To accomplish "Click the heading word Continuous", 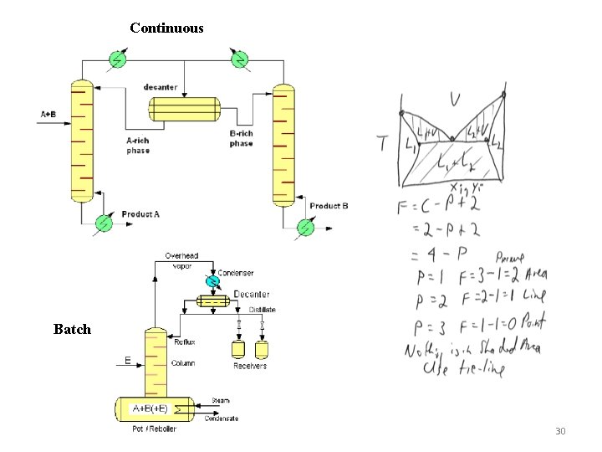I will coord(166,28).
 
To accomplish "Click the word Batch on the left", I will coord(72,329).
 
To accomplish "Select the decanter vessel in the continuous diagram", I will coord(184,109).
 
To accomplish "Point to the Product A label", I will coord(140,214).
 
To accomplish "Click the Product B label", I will coord(329,206).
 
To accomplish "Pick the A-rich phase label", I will coord(138,146).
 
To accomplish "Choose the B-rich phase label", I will coord(241,138).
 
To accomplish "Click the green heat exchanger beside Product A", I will coord(104,223).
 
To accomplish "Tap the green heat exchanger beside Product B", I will coord(306,226).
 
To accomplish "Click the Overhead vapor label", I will coord(181,260).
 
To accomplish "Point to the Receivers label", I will coord(250,366).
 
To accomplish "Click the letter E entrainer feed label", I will coord(127,361).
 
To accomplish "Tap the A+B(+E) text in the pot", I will coord(150,408).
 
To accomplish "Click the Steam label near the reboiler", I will coord(220,400).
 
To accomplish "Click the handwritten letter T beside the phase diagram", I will coord(384,144).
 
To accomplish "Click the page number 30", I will coord(560,431).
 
